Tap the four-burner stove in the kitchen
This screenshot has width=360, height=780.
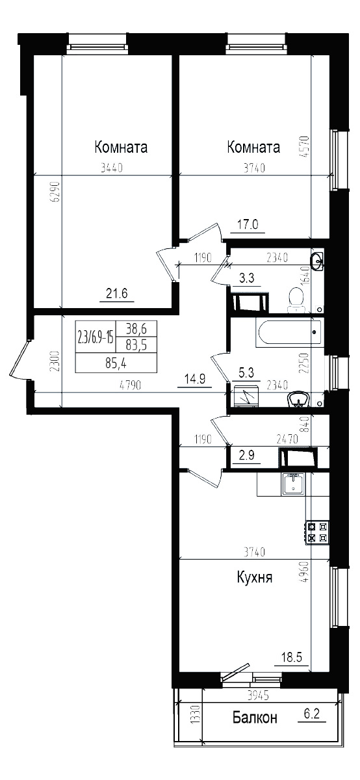[316, 532]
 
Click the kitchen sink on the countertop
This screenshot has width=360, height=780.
[293, 484]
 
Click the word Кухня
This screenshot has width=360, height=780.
[254, 578]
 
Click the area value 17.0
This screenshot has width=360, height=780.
[248, 225]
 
